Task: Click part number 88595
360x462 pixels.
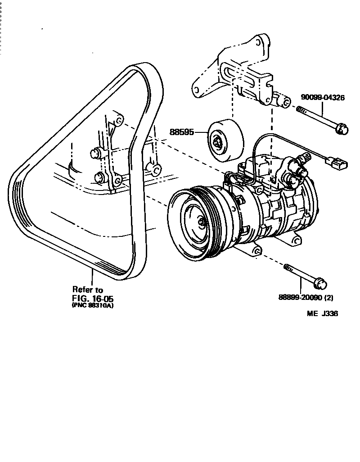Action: tap(181, 132)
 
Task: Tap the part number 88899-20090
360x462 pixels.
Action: tap(301, 298)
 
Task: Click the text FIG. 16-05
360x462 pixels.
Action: tap(92, 298)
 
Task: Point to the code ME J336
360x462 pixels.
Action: tap(322, 314)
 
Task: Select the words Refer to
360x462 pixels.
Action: tap(88, 290)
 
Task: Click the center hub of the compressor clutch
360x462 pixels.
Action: tap(201, 221)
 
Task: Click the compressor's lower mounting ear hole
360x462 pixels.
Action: tap(257, 250)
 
